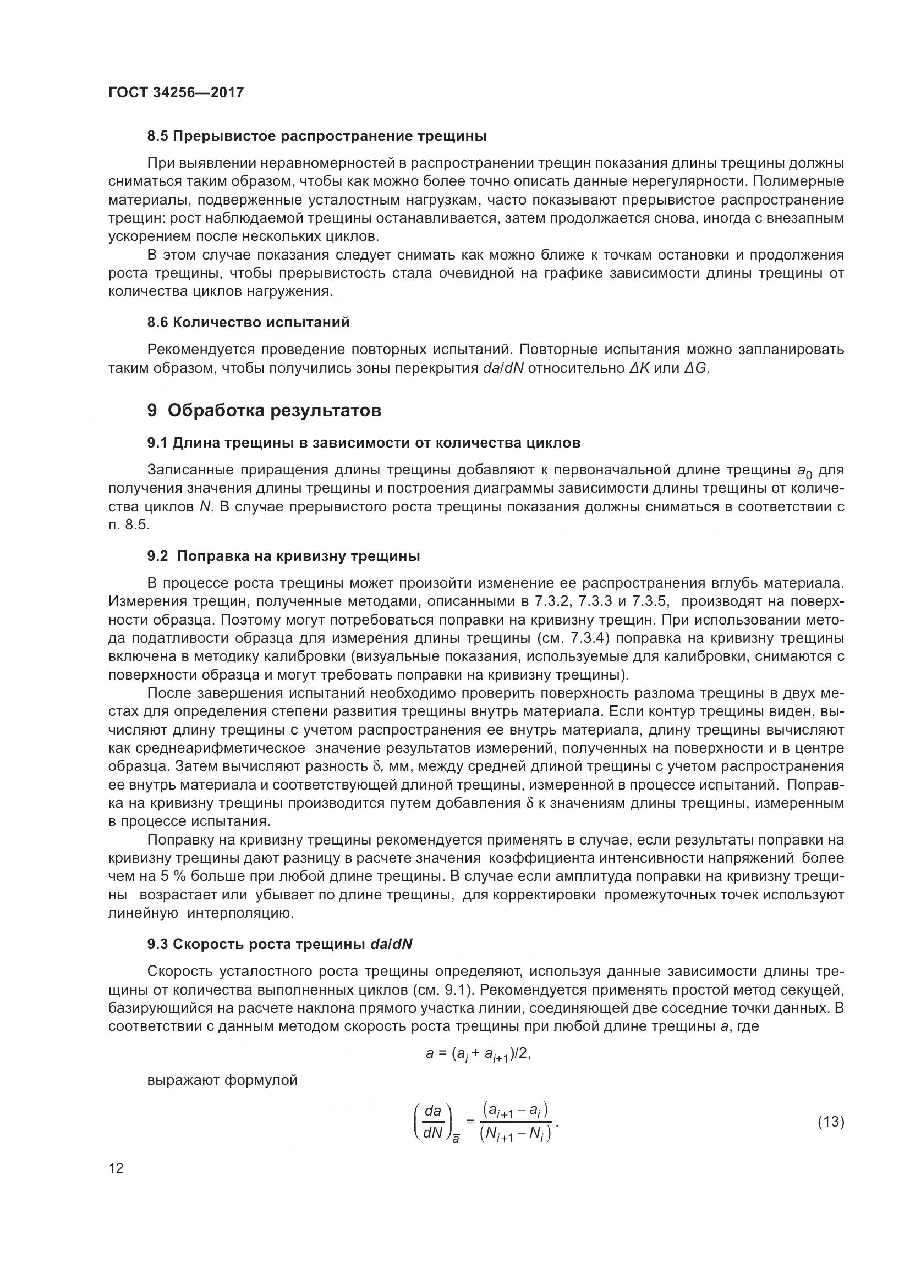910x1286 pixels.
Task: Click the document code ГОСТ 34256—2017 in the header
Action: pyautogui.click(x=176, y=93)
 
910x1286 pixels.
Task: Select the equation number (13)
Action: pyautogui.click(x=831, y=1122)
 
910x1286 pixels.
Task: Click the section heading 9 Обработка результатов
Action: pyautogui.click(x=264, y=411)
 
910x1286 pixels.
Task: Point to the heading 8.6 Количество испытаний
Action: pyautogui.click(x=248, y=323)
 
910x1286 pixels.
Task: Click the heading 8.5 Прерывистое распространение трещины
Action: pyautogui.click(x=316, y=136)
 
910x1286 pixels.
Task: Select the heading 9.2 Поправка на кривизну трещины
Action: pyautogui.click(x=283, y=556)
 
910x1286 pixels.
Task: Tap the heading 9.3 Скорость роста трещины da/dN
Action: pyautogui.click(x=279, y=945)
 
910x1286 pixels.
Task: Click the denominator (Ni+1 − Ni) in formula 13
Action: pyautogui.click(x=516, y=1134)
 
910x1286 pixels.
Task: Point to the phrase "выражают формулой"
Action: pyautogui.click(x=222, y=1081)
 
